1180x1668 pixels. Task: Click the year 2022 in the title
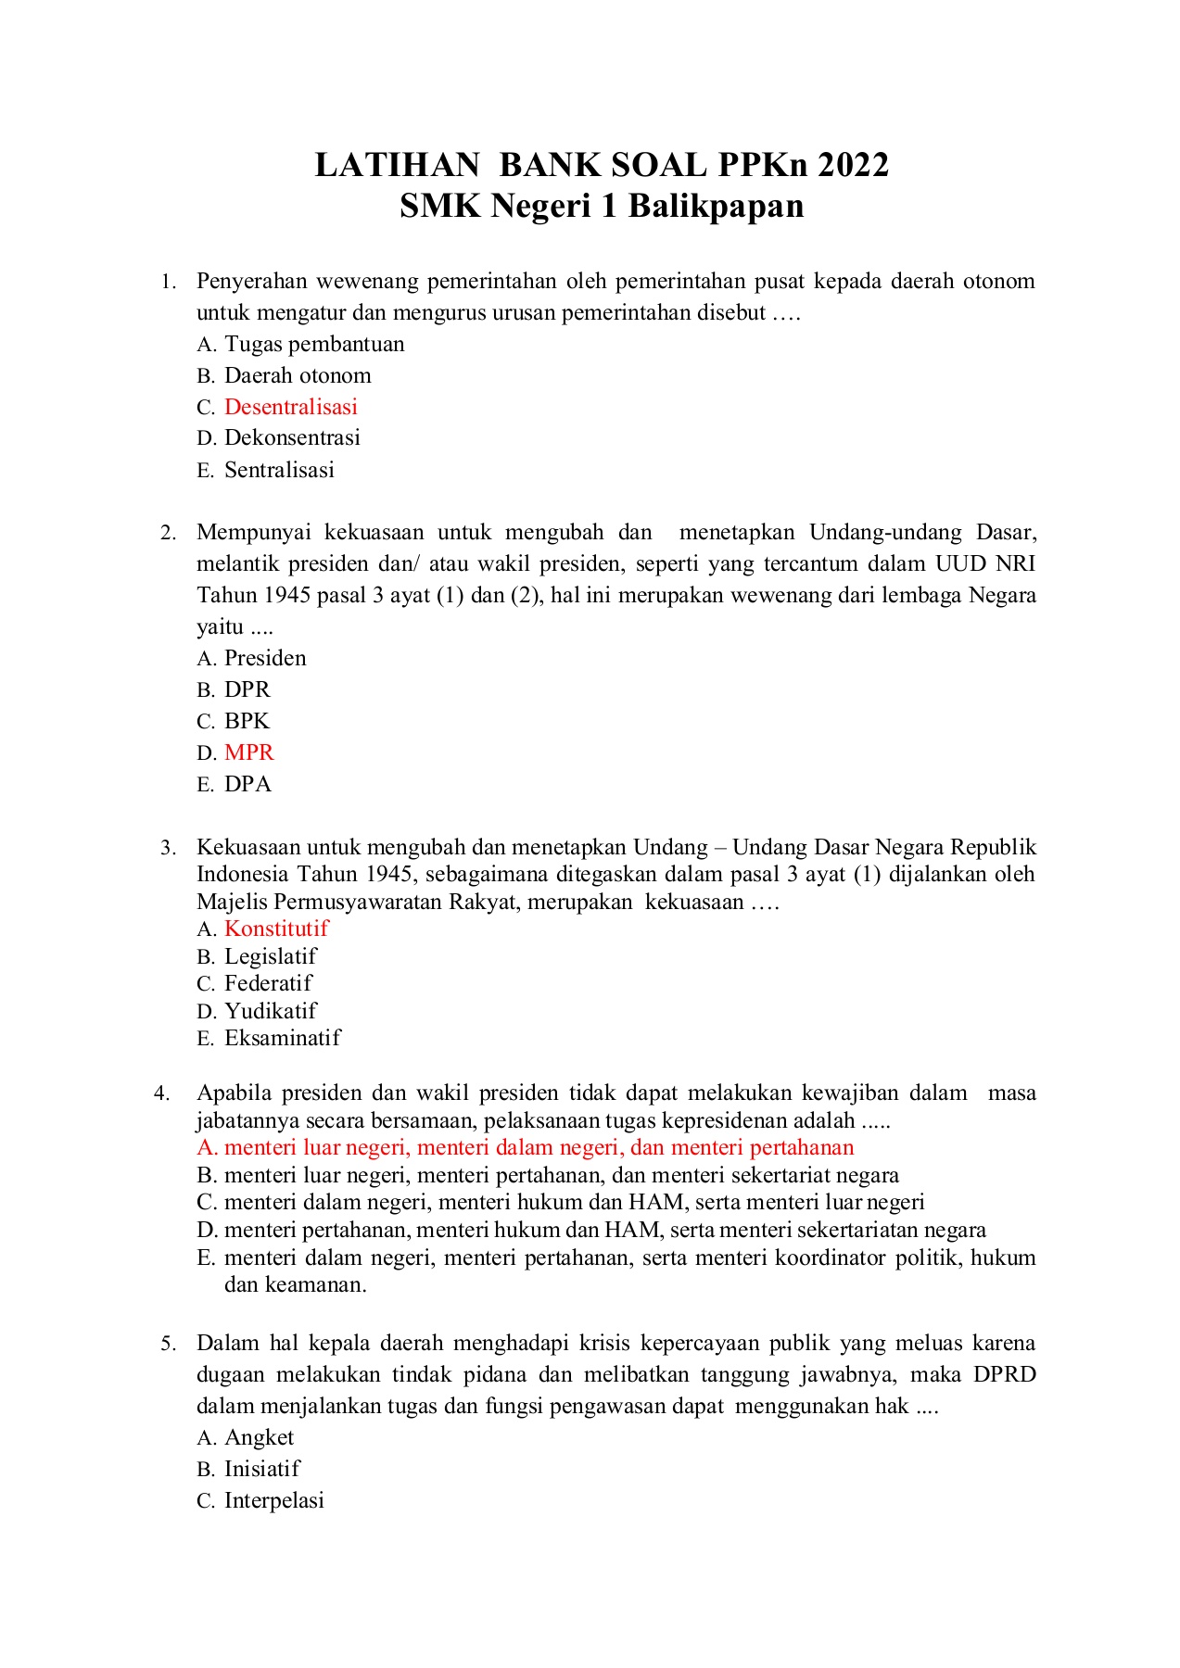tap(853, 165)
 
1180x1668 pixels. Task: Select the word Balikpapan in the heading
tap(716, 206)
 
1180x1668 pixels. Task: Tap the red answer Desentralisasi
tap(291, 407)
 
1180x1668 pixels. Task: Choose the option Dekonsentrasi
tap(292, 437)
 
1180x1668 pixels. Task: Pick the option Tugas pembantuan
tap(314, 344)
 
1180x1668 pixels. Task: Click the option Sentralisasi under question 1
tap(279, 470)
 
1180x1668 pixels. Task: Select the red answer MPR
tap(249, 752)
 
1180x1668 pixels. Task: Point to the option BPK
tap(247, 721)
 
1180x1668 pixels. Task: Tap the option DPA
tap(247, 784)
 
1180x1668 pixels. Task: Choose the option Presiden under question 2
tap(265, 658)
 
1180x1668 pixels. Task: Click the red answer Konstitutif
tap(276, 929)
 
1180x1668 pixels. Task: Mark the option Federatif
tap(268, 983)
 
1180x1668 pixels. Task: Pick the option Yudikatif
tap(271, 1011)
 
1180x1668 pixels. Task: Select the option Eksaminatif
tap(283, 1038)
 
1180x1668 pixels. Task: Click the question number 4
tap(162, 1093)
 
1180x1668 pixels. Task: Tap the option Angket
tap(259, 1437)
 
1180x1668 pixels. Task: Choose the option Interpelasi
tap(274, 1500)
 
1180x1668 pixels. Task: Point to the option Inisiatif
tap(262, 1469)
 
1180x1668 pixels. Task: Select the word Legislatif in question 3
tap(271, 956)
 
